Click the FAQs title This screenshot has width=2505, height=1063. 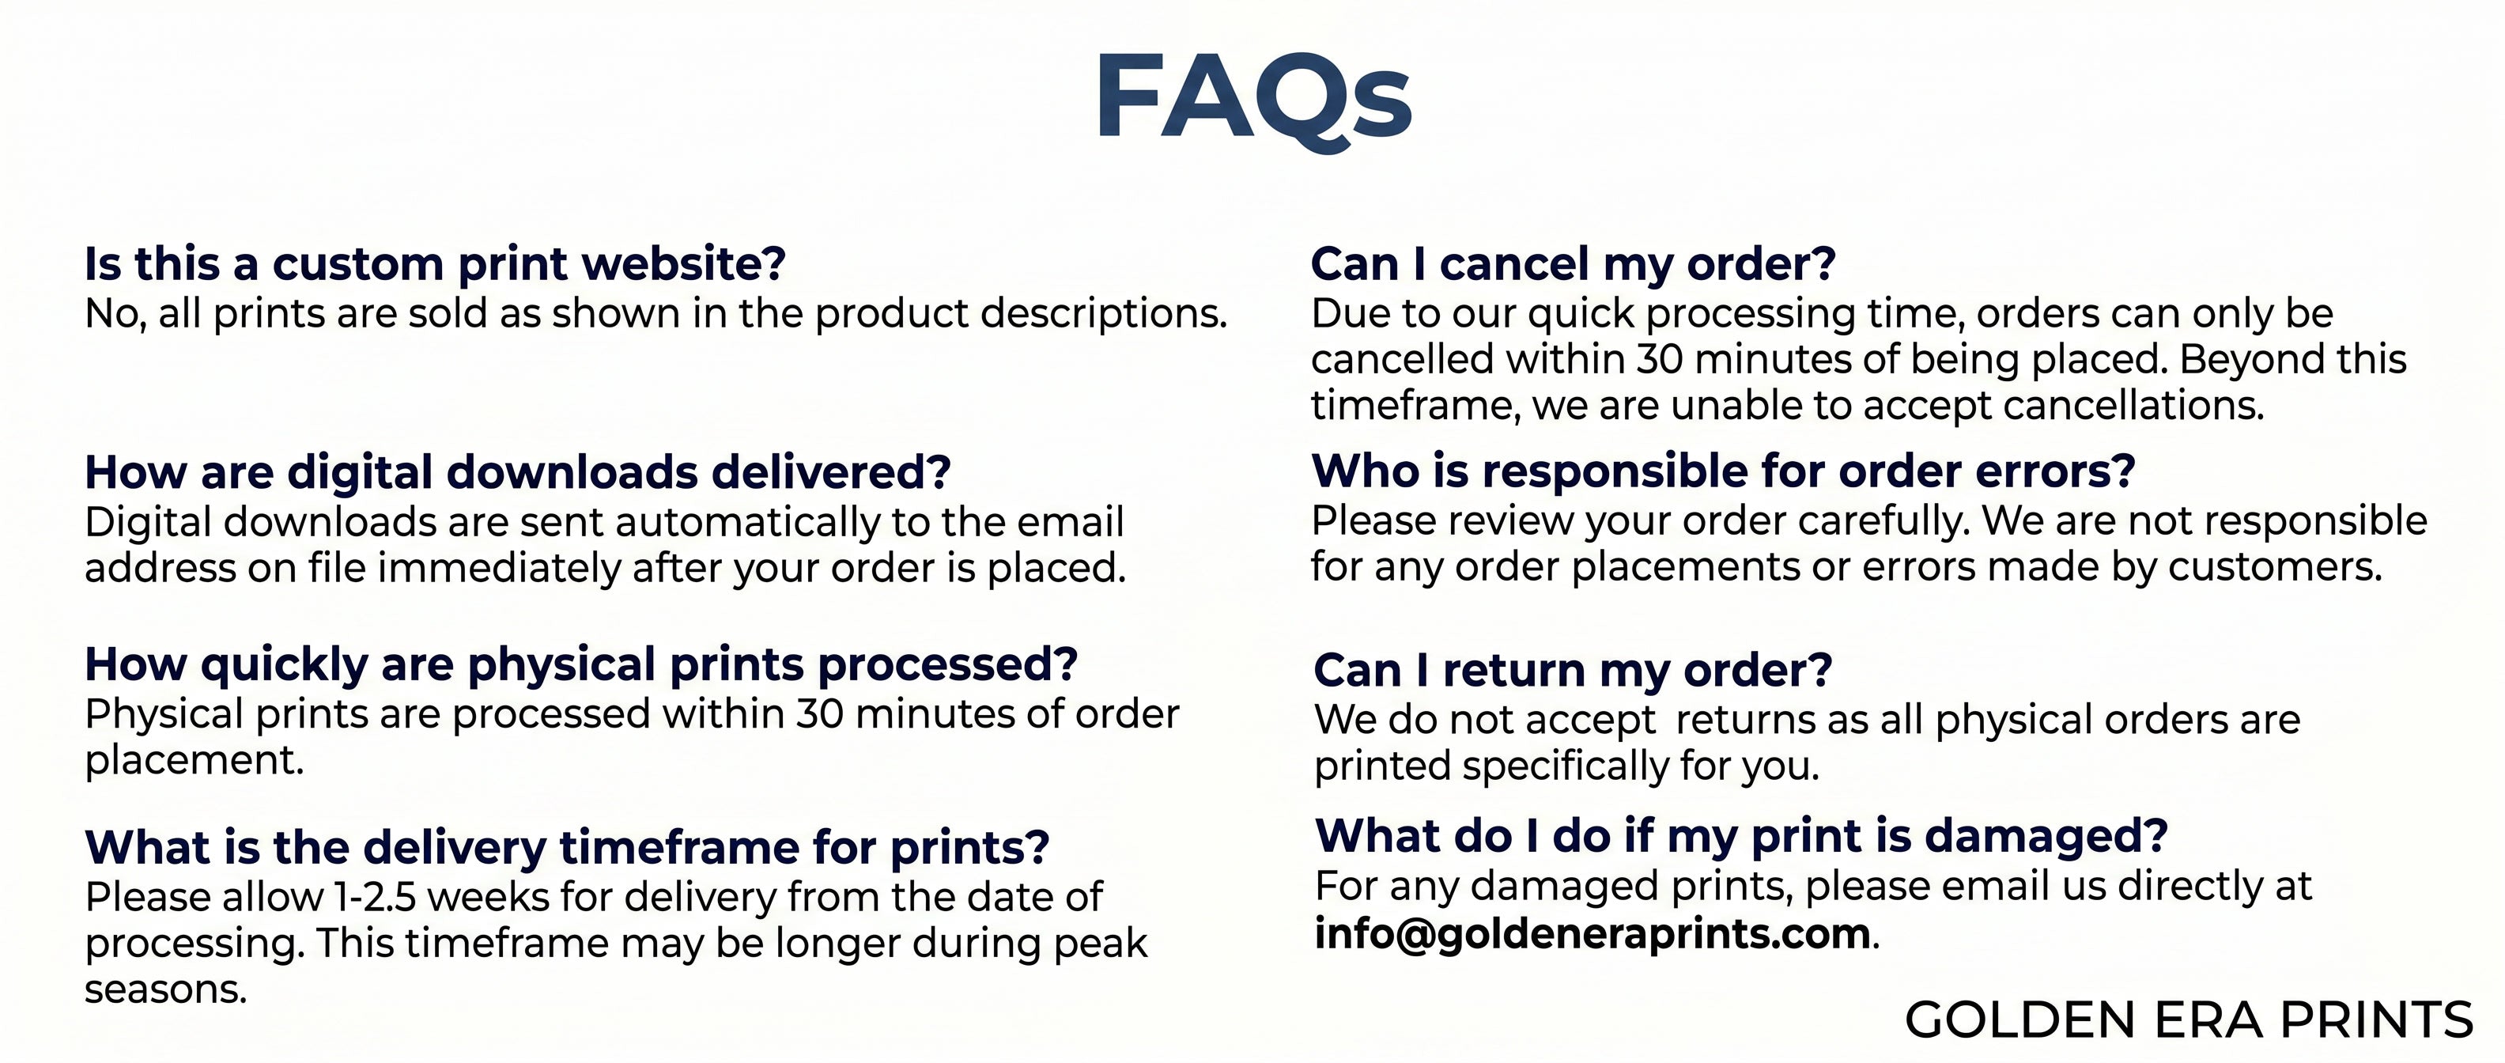[1253, 98]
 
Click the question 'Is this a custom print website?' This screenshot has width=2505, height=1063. [435, 264]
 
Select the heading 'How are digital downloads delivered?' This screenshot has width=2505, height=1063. [517, 474]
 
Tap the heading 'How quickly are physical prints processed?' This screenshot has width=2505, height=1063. [581, 666]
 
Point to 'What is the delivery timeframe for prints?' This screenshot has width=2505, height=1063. [567, 848]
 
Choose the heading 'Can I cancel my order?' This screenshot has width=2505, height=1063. [1574, 263]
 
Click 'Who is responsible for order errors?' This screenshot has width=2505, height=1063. [1723, 471]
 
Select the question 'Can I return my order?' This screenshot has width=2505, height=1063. [1573, 670]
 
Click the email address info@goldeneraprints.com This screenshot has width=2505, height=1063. [1592, 935]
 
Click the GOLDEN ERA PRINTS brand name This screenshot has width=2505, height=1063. [2189, 1020]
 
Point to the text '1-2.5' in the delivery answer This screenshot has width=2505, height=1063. [374, 898]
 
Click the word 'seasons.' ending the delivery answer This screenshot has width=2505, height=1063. [165, 991]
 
